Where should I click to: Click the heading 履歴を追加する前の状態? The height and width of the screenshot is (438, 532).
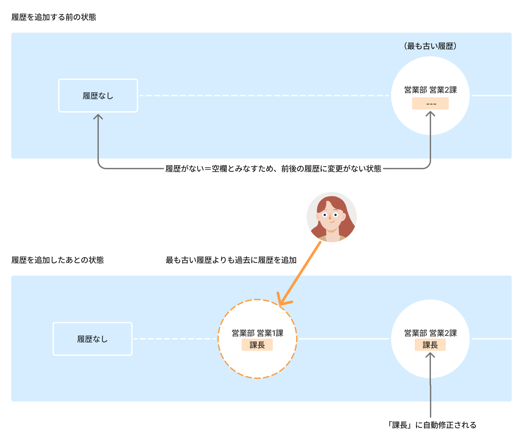click(54, 17)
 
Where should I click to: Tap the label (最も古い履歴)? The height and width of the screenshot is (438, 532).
click(430, 46)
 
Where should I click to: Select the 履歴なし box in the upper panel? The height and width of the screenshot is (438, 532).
click(98, 96)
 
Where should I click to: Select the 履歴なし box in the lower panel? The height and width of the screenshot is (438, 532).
click(93, 339)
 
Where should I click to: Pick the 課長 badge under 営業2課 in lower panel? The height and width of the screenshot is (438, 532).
click(430, 345)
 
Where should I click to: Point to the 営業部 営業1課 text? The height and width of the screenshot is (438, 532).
click(257, 333)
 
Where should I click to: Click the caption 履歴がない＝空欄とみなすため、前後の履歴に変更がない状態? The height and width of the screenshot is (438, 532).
click(273, 169)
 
